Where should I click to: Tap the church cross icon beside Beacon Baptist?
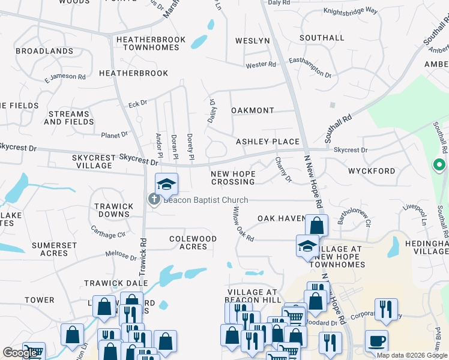tap(154, 200)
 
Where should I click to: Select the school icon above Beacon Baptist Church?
tap(167, 183)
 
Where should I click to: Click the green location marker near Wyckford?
tap(439, 164)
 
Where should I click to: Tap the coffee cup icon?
tap(377, 341)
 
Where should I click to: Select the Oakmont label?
tap(253, 111)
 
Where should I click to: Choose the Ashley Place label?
tap(267, 142)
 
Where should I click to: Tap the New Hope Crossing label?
tap(233, 178)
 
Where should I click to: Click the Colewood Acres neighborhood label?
tap(193, 242)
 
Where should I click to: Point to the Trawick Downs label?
tap(113, 210)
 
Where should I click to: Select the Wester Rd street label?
tap(261, 65)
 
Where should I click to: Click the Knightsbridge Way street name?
tap(350, 11)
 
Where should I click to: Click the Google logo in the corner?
tap(20, 353)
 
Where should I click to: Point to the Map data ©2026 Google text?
tap(411, 355)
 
